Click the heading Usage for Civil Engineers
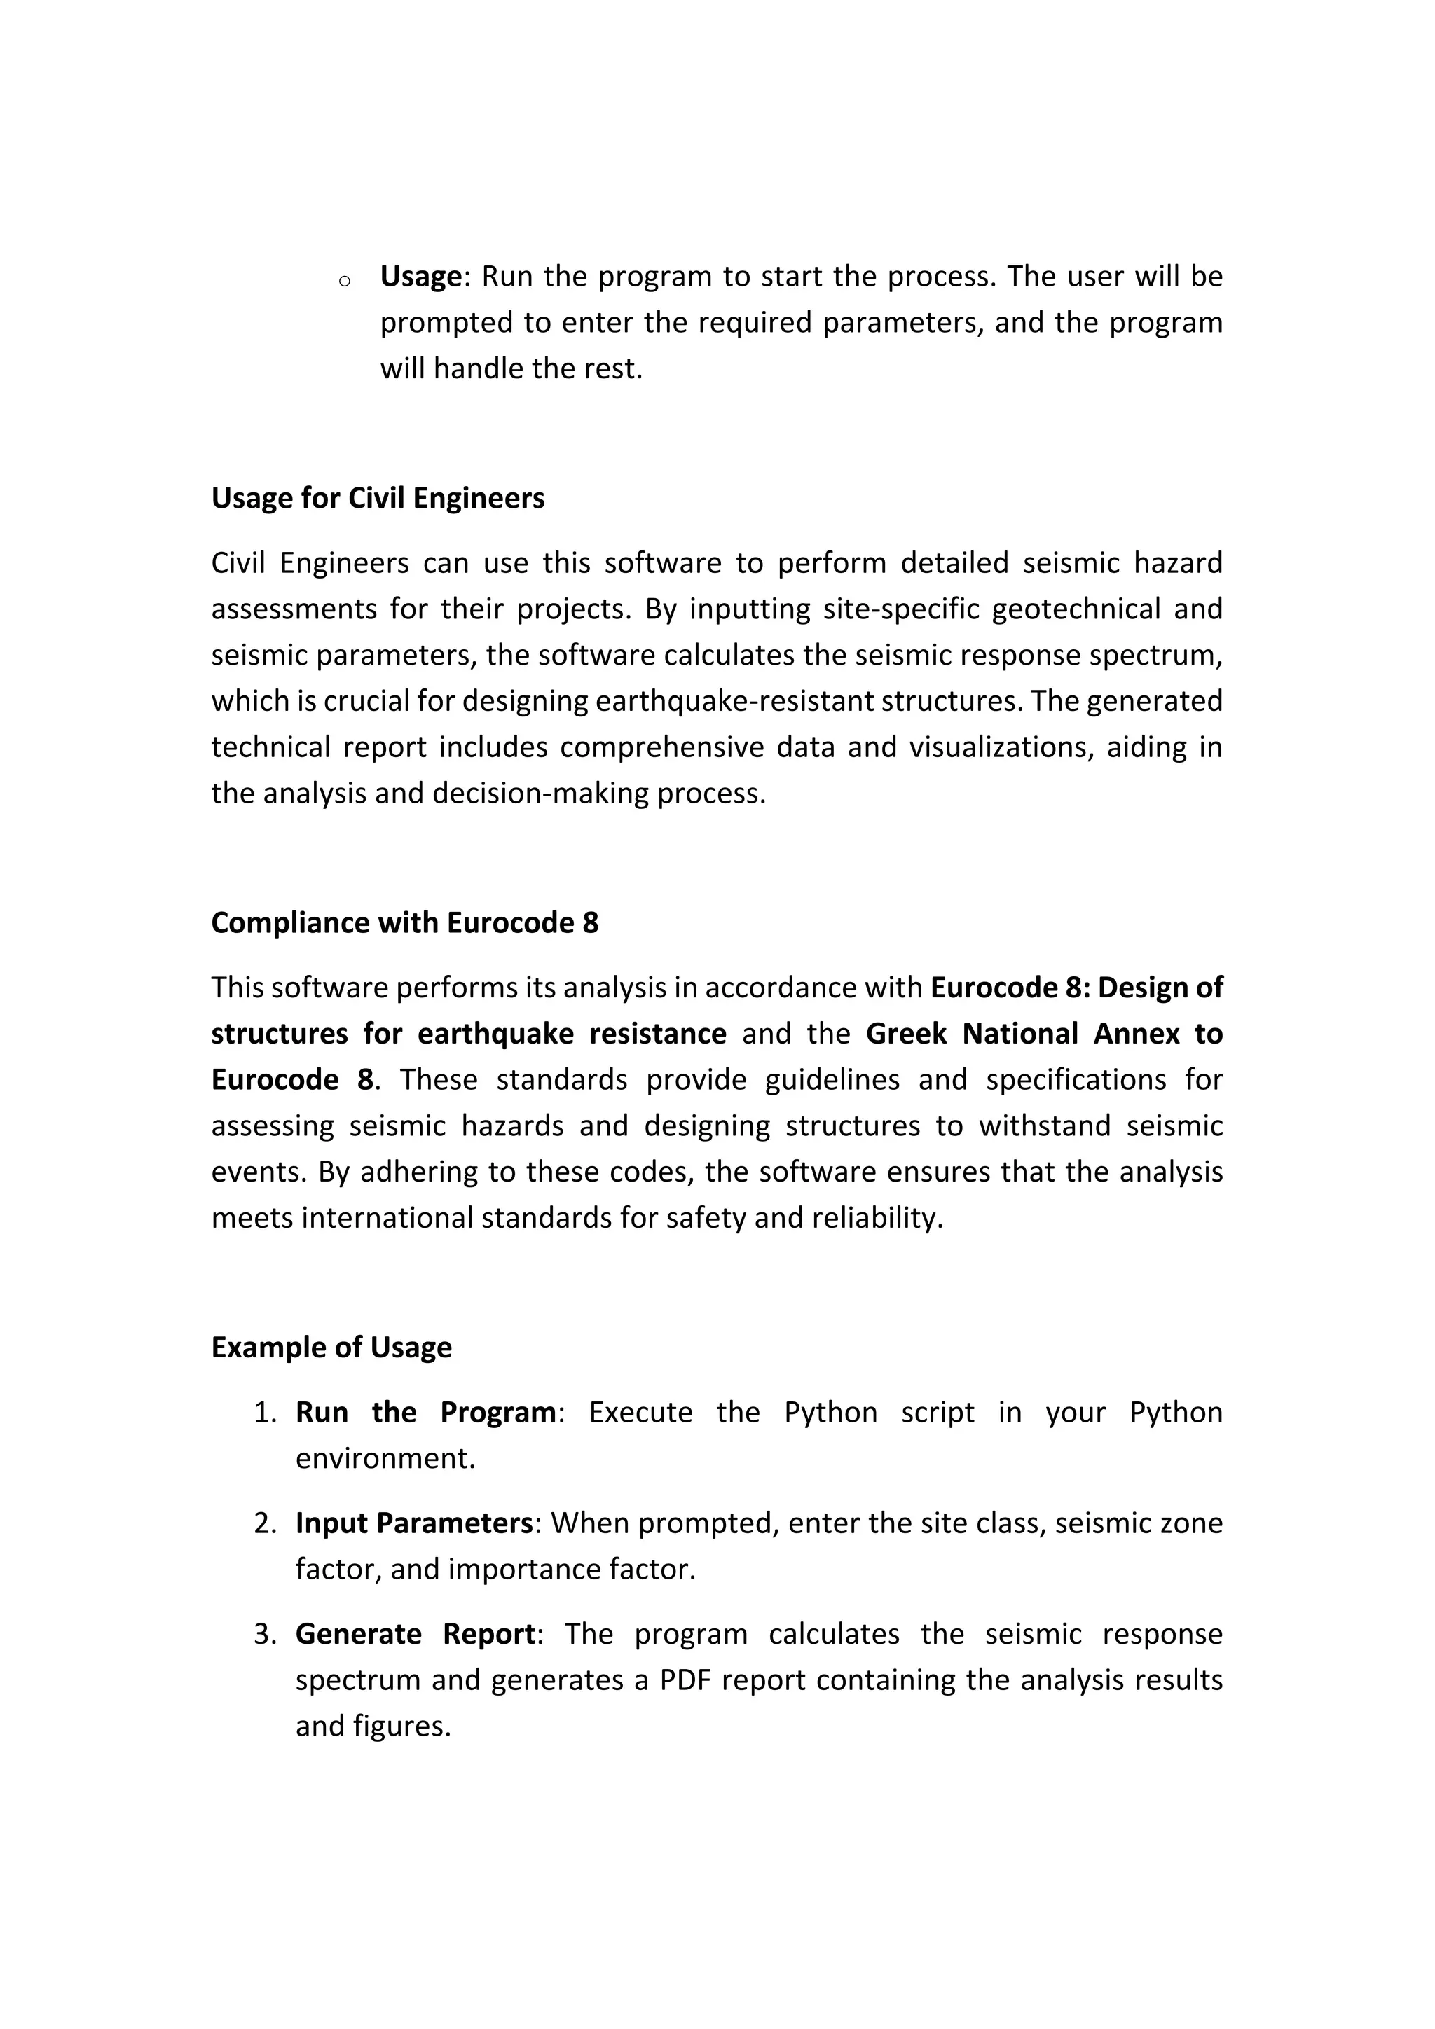[378, 499]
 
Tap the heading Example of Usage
[331, 1347]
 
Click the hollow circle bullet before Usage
[345, 281]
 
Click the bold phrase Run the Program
[425, 1412]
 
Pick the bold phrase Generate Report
[415, 1634]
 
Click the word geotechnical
[1071, 609]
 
